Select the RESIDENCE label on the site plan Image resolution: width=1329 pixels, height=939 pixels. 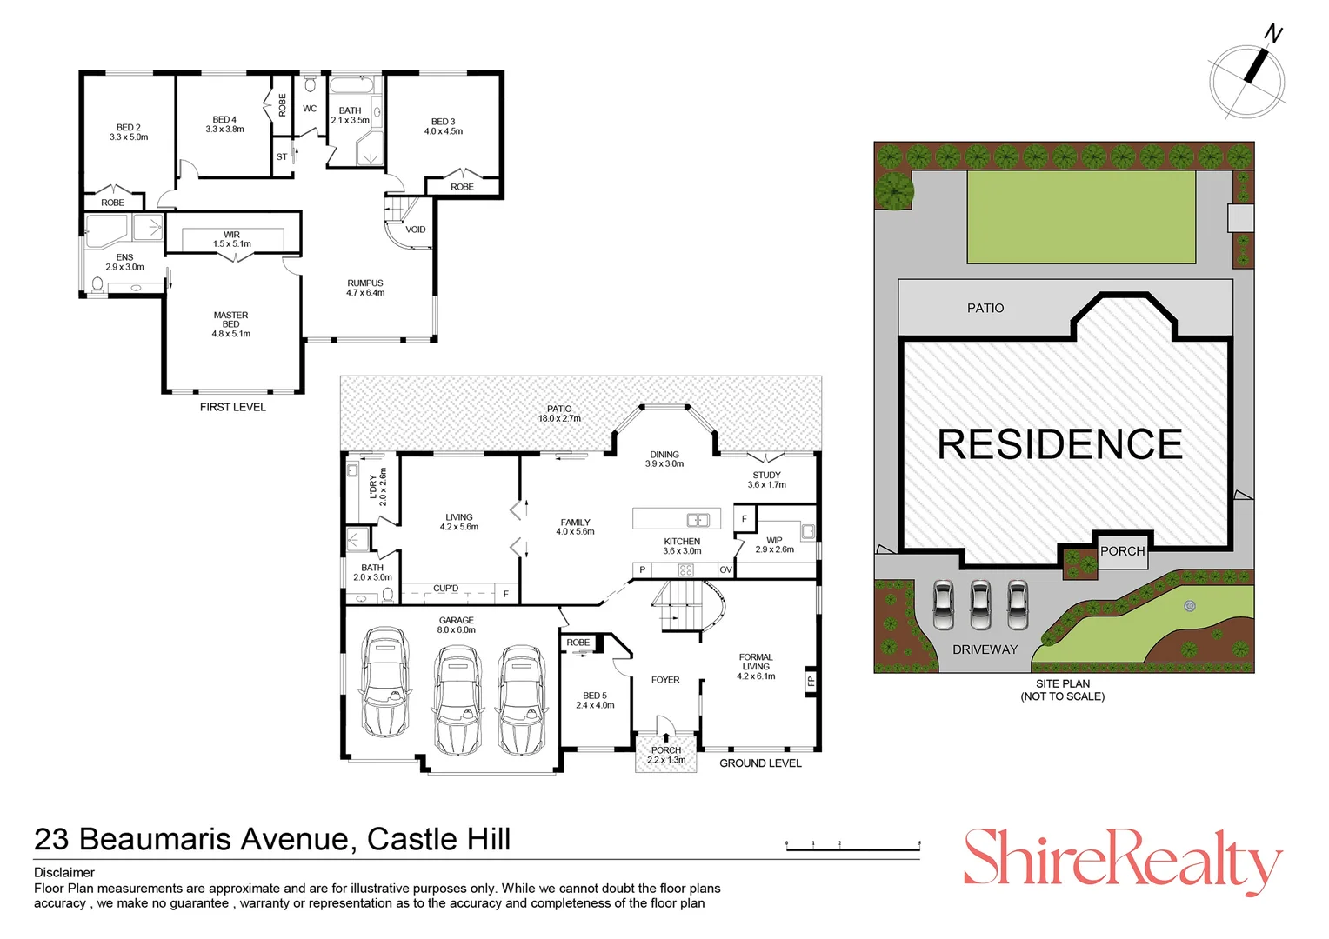click(x=1059, y=444)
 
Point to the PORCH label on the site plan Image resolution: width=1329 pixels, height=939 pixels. click(x=1122, y=551)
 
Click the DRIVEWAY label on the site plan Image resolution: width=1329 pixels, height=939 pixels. click(x=985, y=649)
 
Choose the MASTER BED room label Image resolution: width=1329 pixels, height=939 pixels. click(x=231, y=319)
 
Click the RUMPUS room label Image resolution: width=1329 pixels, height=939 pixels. click(x=365, y=283)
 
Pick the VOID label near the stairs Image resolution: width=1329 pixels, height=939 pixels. click(x=416, y=230)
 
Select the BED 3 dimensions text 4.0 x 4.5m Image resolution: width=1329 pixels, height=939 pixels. click(x=444, y=132)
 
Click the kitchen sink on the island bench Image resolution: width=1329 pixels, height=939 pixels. click(x=698, y=520)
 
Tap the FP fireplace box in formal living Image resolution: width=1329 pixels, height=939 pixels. click(x=811, y=681)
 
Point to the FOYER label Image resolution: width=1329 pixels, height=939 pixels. click(x=665, y=680)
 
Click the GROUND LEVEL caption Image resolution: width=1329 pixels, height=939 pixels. click(x=760, y=763)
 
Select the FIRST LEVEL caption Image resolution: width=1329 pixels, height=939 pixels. click(x=233, y=407)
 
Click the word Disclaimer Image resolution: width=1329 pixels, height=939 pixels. click(x=64, y=872)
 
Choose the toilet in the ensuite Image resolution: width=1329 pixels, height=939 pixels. click(x=97, y=284)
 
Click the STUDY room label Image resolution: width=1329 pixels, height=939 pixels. click(x=766, y=476)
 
